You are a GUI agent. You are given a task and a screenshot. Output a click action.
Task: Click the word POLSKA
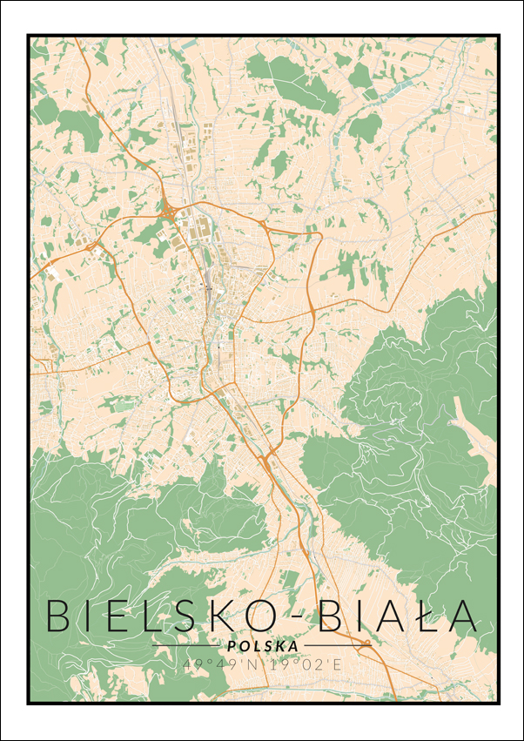(x=261, y=646)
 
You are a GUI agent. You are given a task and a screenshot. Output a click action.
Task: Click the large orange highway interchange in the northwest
(x=165, y=207)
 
